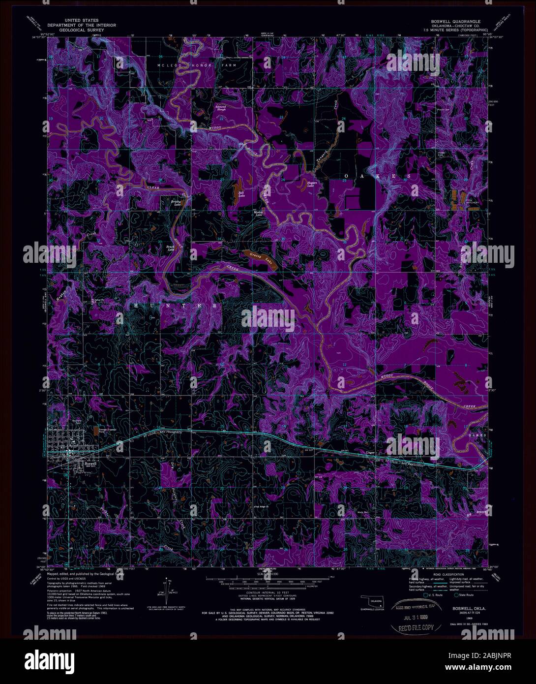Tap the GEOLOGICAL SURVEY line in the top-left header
(x=76, y=30)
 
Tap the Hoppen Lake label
(x=311, y=184)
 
